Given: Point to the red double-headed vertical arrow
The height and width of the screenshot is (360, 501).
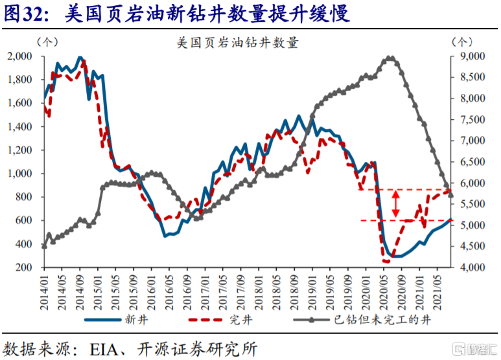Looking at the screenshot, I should pyautogui.click(x=395, y=205).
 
